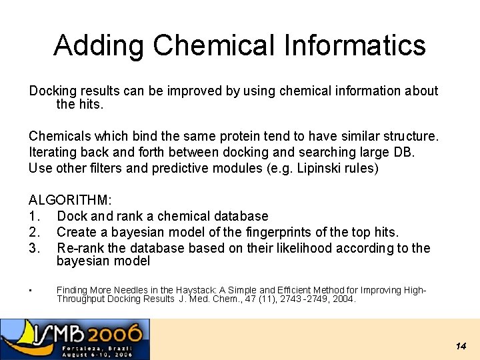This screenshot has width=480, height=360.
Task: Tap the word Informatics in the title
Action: point(355,46)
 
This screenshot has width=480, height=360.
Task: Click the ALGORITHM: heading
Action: point(69,200)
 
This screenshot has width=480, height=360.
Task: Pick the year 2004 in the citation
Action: point(343,299)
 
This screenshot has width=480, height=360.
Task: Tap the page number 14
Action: point(461,346)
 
